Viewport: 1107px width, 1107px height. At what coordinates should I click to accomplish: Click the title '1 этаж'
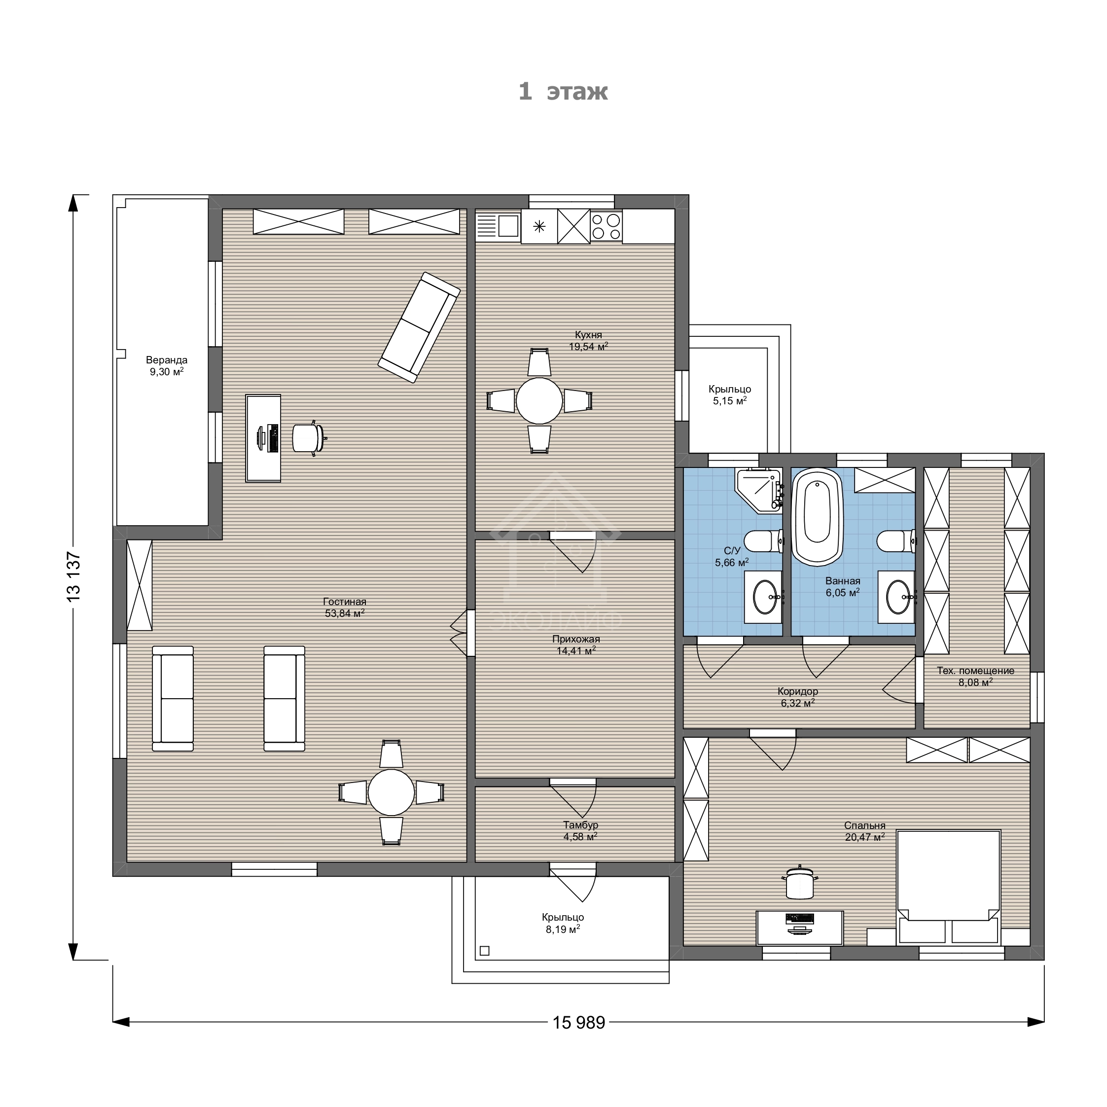pos(563,92)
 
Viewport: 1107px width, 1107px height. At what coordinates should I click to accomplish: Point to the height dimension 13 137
pos(73,576)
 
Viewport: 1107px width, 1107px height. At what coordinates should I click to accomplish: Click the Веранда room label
pos(166,360)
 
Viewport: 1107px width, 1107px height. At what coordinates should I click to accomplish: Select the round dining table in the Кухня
pos(539,401)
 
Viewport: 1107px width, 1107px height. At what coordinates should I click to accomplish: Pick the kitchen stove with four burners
pos(606,226)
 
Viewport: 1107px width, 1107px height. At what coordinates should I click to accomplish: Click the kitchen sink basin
pos(508,226)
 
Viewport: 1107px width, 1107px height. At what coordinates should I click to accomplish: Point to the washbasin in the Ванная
pos(897,597)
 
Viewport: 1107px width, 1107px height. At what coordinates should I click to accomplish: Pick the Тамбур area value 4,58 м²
pos(580,837)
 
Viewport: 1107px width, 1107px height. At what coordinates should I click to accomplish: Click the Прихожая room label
pos(576,640)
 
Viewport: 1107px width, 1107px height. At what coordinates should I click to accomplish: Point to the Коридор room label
pos(798,692)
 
